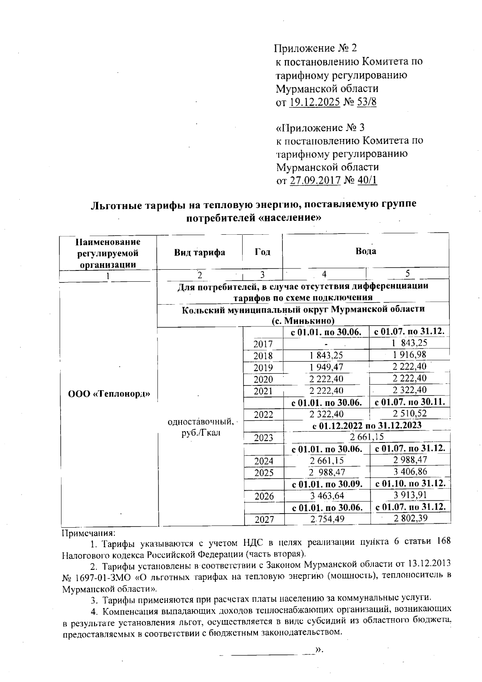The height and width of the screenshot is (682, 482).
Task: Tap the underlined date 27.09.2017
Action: [x=315, y=180]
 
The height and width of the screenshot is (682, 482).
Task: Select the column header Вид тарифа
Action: [x=199, y=252]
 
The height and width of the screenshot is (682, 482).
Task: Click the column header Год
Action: [x=262, y=252]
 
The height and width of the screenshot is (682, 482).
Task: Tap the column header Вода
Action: [x=366, y=251]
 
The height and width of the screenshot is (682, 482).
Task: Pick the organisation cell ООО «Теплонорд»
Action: [x=109, y=394]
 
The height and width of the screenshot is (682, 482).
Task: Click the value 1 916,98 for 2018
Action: [x=409, y=354]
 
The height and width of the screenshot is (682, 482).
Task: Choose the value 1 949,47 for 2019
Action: [x=326, y=367]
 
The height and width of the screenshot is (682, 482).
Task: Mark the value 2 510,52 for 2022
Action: [x=409, y=413]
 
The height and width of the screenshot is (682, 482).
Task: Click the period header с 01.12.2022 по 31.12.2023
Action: [x=367, y=425]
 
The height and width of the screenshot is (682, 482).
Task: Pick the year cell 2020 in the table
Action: [x=263, y=379]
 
